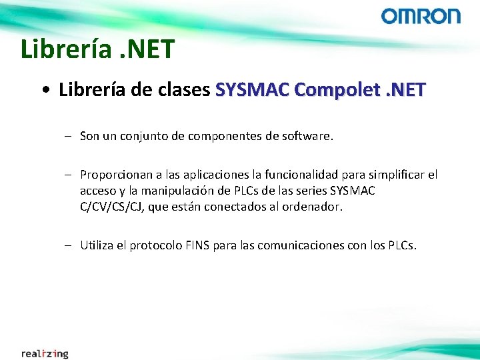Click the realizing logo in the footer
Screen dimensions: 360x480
coord(45,353)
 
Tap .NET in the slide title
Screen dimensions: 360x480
coord(145,49)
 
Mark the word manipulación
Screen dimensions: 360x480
coord(179,191)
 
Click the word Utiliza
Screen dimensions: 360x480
coord(97,245)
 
